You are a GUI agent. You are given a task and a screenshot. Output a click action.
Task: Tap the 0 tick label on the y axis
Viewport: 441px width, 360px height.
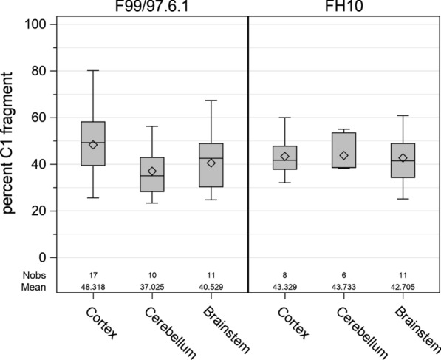42,257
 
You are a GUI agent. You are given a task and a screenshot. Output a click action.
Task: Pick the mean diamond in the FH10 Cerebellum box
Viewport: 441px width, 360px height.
343,155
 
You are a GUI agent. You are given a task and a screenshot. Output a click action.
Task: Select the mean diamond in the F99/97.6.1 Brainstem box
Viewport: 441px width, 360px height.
211,163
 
